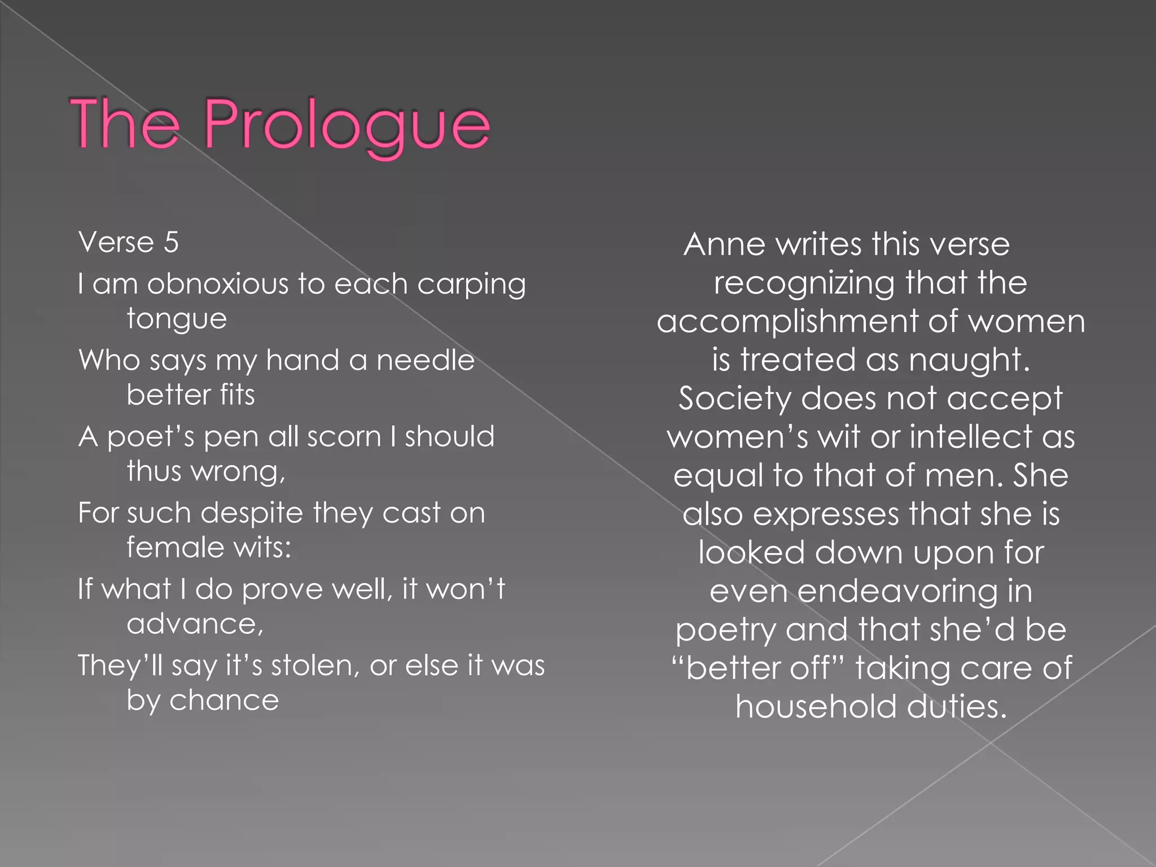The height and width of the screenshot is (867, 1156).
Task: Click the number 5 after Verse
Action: (x=171, y=243)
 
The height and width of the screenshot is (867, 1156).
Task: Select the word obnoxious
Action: (x=217, y=283)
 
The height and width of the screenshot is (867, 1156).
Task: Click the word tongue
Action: (x=177, y=319)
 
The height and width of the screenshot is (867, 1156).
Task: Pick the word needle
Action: (x=426, y=360)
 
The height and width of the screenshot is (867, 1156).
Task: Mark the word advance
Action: (x=195, y=624)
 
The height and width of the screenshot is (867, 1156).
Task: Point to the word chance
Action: (x=224, y=700)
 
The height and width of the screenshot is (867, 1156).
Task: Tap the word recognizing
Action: (x=804, y=283)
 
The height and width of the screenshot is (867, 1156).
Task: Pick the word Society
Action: (x=735, y=399)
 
